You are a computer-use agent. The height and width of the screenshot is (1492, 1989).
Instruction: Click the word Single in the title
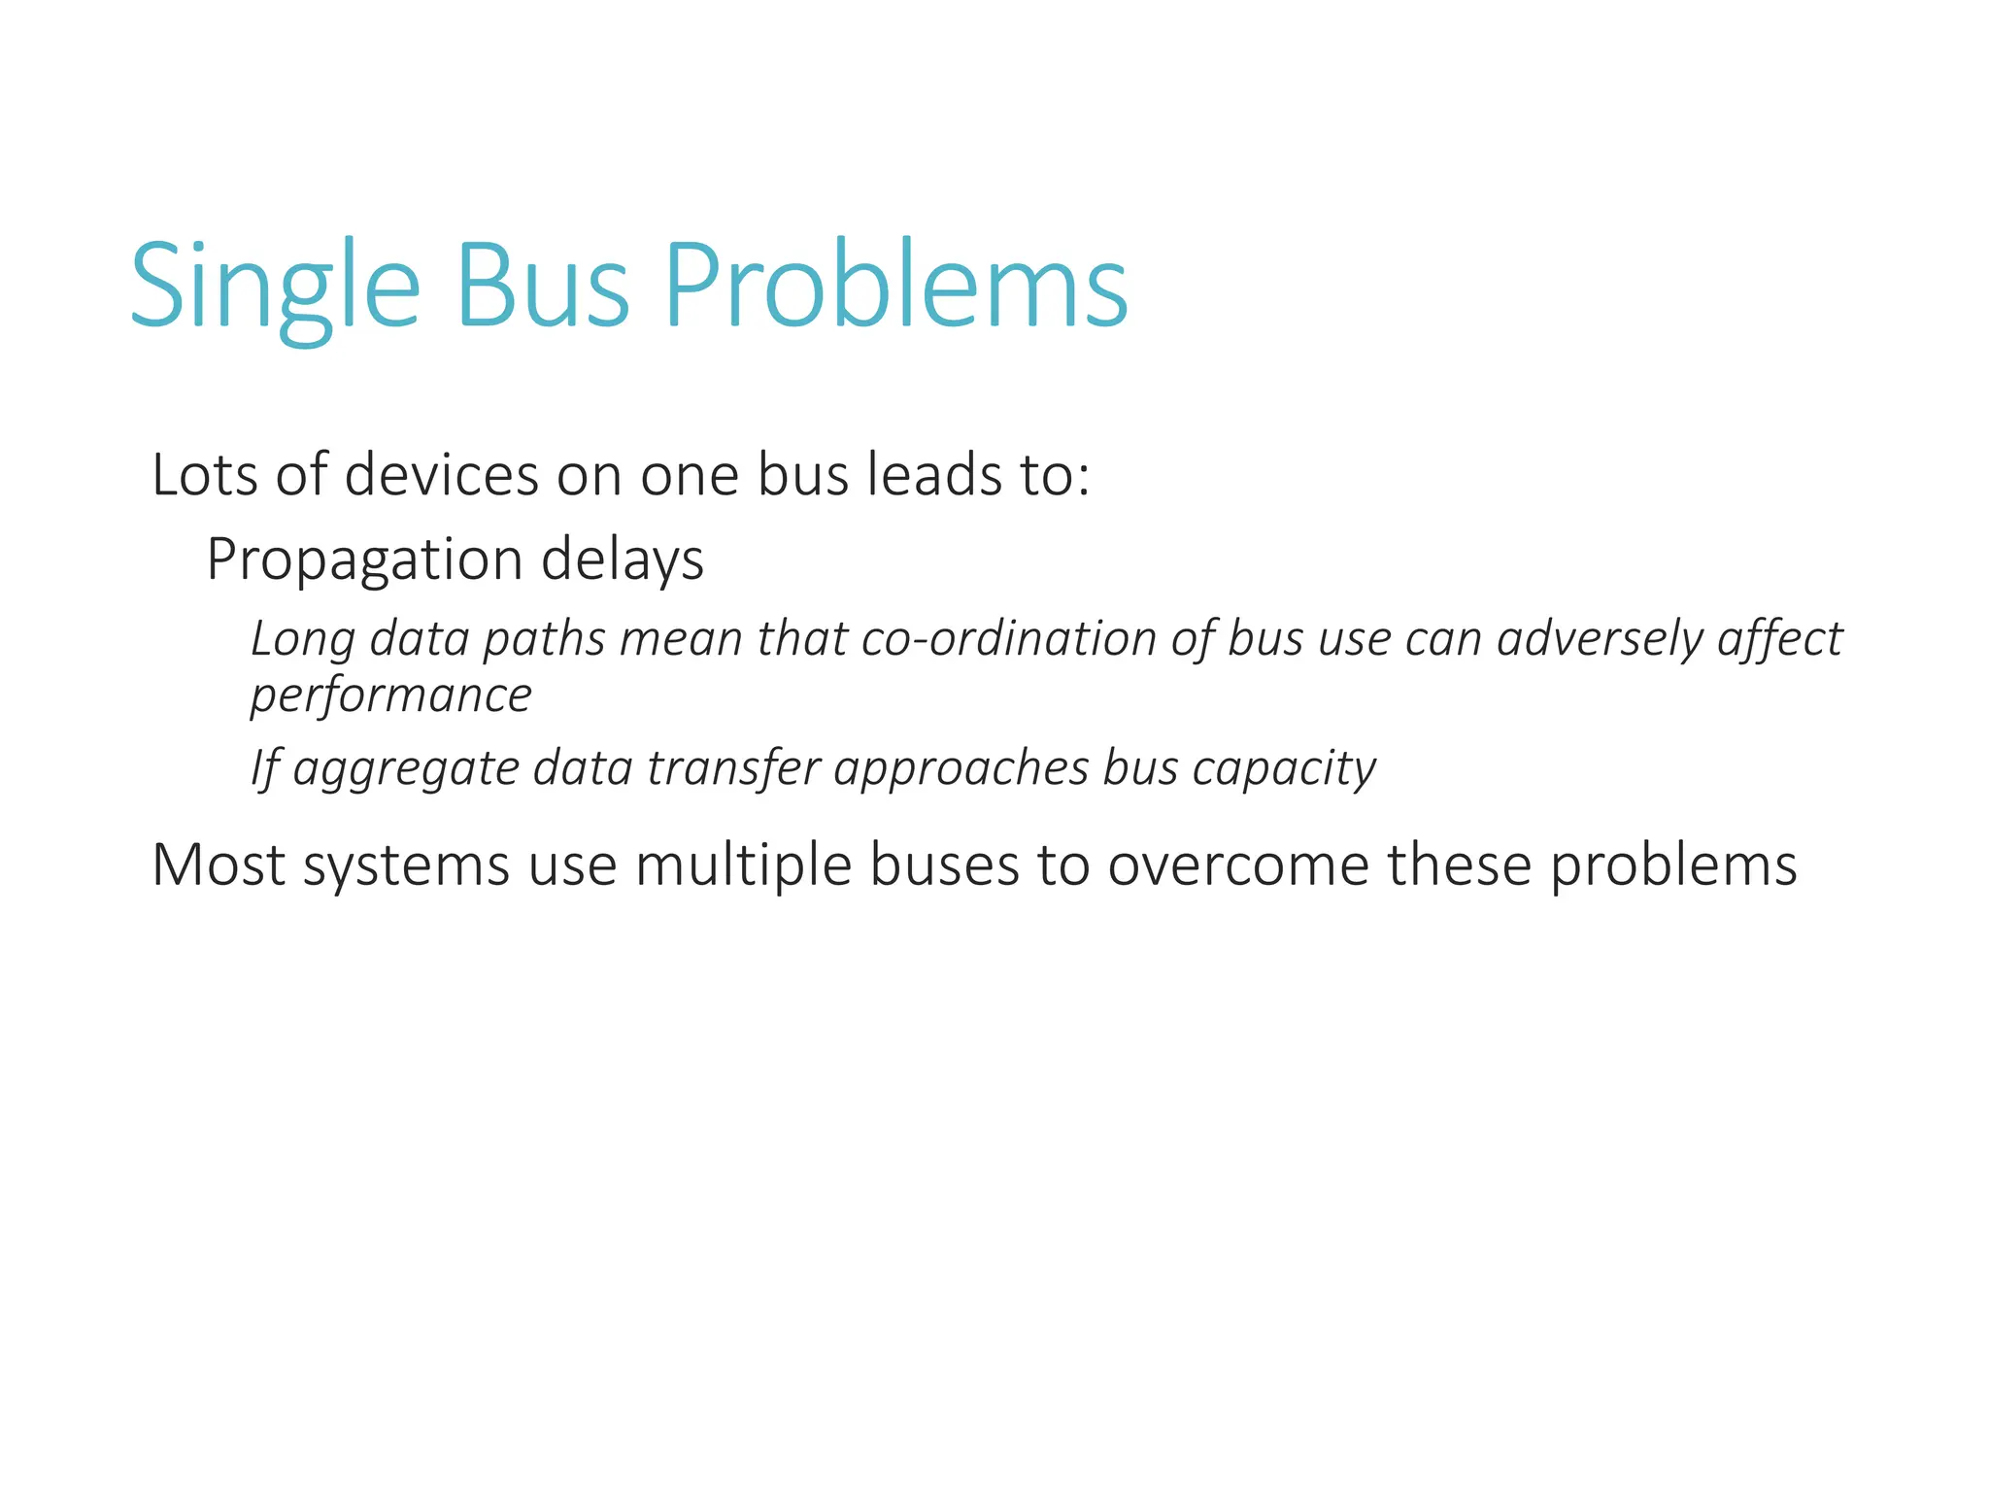pos(275,287)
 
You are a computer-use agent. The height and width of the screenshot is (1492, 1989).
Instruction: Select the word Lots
pos(205,475)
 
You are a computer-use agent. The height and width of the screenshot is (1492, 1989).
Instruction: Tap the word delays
pos(622,560)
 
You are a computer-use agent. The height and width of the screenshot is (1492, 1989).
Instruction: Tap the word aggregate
pos(406,769)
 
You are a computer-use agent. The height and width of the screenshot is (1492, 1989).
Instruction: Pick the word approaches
pos(961,769)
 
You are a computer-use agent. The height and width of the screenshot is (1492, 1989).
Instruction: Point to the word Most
pos(219,864)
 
